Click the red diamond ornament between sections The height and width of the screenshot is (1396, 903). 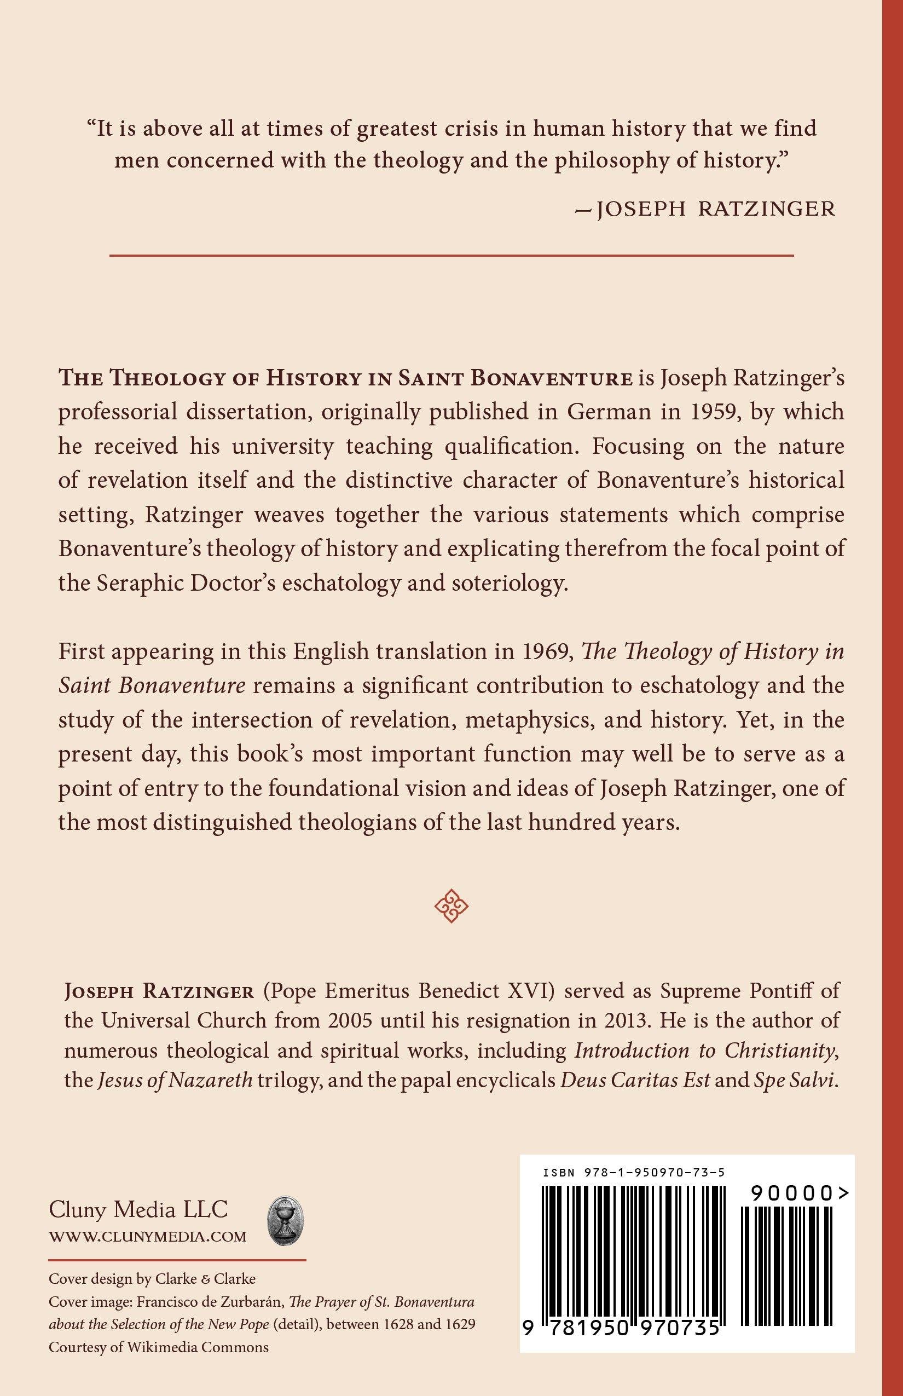451,905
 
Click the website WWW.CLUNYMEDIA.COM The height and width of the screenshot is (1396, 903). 148,1237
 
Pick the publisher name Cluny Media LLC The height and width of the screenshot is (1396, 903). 138,1209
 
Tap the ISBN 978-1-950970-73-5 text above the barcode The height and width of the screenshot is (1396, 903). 634,1173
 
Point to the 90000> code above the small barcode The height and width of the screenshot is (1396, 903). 798,1193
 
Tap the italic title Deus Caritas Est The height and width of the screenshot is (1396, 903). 635,1080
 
